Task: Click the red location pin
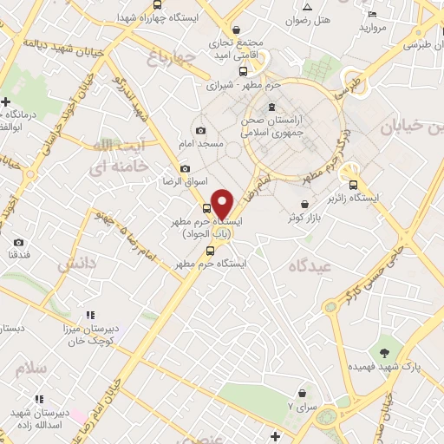[223, 203]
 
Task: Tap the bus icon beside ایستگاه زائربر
[352, 184]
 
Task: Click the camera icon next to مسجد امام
[201, 130]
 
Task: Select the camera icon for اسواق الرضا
[184, 169]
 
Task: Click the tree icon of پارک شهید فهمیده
[384, 351]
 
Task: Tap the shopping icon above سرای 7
[302, 393]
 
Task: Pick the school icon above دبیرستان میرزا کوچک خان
[88, 316]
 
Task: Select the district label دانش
[75, 266]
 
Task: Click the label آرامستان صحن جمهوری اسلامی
[291, 128]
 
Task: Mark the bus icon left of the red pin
[206, 208]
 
